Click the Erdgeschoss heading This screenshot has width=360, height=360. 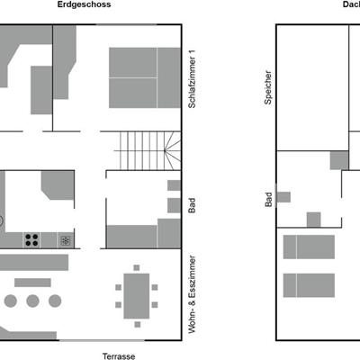[84, 4]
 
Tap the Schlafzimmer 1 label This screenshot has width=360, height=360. [192, 78]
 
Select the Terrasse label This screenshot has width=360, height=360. [119, 356]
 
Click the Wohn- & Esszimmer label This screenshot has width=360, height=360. [192, 294]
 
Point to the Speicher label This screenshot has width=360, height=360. [268, 87]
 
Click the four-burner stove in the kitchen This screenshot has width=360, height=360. [31, 239]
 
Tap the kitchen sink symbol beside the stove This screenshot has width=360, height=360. [66, 240]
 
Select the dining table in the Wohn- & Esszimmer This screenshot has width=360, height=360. [137, 296]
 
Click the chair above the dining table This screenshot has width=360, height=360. [137, 267]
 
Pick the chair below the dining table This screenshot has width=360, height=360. [138, 324]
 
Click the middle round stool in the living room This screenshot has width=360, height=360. [32, 301]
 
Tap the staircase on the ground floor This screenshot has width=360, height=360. [148, 151]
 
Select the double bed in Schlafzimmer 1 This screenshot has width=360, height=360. [145, 77]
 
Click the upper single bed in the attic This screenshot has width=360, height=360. [309, 247]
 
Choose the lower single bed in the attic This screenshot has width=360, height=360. [309, 285]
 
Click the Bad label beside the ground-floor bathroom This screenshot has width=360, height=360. [192, 205]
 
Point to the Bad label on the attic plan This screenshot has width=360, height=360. [268, 200]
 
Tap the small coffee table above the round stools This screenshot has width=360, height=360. [32, 283]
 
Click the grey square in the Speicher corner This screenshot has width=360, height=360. [339, 160]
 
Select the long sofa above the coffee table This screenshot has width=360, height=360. [34, 263]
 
